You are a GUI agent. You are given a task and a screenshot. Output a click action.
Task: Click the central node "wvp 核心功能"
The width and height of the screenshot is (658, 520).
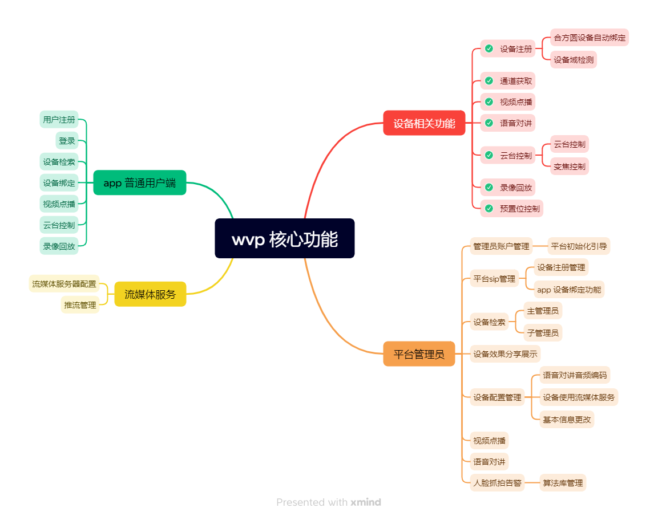[284, 238]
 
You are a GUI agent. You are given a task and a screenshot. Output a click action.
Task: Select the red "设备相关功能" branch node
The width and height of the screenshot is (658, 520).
[424, 123]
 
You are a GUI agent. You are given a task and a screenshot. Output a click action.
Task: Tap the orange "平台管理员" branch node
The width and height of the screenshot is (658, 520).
[419, 354]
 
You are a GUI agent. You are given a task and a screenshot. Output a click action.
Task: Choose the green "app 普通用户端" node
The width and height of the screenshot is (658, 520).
[140, 183]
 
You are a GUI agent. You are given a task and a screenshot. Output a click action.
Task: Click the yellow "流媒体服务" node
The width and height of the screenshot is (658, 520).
[150, 294]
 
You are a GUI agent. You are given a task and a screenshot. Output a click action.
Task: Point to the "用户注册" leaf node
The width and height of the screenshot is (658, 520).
[59, 120]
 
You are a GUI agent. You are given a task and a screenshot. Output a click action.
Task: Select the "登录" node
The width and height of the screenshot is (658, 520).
[67, 141]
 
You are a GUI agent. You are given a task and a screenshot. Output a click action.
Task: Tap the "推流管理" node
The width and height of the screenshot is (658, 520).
[80, 305]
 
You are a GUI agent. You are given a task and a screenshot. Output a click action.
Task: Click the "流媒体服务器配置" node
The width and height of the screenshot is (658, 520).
[64, 283]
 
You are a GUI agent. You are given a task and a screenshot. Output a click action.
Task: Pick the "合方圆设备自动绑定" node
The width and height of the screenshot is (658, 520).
[590, 38]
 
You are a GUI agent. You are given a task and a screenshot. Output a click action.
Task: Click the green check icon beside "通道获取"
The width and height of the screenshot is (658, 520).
[489, 81]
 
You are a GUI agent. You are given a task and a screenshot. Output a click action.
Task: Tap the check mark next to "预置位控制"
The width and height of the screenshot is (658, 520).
[489, 208]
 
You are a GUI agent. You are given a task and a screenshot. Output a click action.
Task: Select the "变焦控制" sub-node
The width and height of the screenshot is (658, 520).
[569, 166]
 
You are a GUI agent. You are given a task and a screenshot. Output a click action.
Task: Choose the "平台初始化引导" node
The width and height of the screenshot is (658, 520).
[579, 246]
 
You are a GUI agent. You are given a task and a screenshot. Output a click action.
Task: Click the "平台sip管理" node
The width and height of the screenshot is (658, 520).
[494, 279]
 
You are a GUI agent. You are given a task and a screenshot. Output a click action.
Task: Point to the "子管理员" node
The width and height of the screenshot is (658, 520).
[543, 332]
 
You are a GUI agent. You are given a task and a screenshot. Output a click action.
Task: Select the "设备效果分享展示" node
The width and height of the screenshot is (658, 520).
[505, 354]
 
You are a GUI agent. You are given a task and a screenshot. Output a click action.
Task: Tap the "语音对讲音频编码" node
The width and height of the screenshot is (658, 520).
[575, 375]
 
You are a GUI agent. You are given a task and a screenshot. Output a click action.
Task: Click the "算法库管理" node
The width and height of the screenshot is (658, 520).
[563, 483]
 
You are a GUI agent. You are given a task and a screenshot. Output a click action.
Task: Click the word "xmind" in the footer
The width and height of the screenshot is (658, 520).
[366, 502]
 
